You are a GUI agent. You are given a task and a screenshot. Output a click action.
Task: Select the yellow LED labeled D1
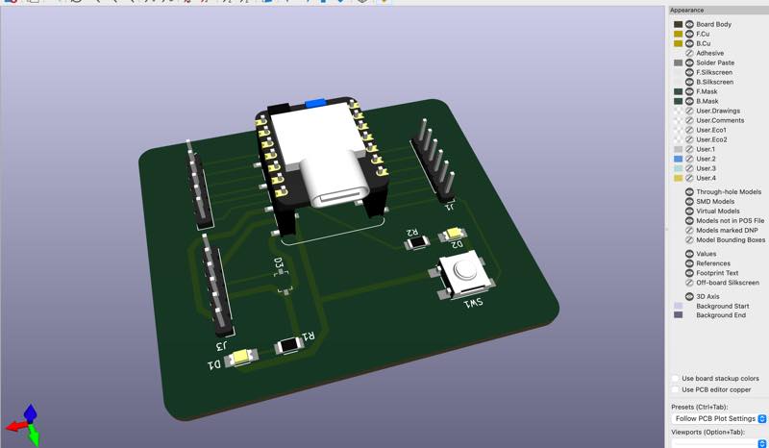(241, 358)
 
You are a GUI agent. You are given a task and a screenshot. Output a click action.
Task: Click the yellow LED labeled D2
(454, 234)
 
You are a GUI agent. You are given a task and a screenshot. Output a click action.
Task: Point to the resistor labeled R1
(289, 345)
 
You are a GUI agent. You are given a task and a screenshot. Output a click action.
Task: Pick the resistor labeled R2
(417, 242)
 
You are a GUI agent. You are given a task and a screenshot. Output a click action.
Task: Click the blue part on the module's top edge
(315, 103)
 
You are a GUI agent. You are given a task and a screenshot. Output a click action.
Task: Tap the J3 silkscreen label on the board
(222, 345)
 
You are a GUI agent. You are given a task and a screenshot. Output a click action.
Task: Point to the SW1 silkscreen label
(473, 303)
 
